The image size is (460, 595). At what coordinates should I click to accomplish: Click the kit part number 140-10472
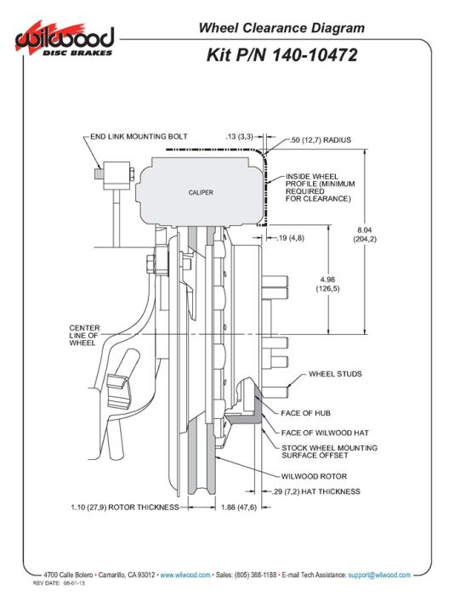coord(315,55)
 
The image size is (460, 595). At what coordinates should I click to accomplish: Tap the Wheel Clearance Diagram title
coord(281,28)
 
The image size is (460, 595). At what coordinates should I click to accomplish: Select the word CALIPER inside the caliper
coord(201,192)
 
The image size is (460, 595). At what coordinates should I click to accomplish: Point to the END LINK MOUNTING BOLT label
coord(139,136)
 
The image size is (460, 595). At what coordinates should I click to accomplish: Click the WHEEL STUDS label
coord(335,374)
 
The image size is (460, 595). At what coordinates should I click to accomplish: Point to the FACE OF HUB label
coord(305,413)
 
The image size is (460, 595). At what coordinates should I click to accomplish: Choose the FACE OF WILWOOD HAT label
coord(325,433)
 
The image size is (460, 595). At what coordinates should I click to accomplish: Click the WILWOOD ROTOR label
coord(314,476)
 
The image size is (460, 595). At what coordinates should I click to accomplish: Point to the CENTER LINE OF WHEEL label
coord(84,335)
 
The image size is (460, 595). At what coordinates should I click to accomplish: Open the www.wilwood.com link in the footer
coord(185,575)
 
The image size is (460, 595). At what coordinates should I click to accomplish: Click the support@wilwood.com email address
coord(379,575)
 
